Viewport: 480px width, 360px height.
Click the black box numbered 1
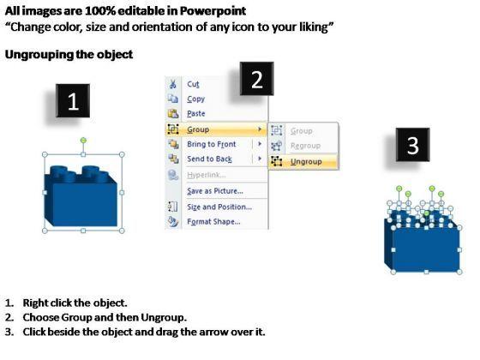73,101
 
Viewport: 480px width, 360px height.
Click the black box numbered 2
257,79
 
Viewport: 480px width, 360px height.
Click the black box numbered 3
412,145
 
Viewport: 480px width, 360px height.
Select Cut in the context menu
193,84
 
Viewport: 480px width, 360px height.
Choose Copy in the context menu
196,99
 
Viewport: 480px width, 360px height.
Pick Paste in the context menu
196,113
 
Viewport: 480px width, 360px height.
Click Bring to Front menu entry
212,144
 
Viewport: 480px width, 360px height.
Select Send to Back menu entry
209,159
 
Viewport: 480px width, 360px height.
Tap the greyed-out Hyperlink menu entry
207,175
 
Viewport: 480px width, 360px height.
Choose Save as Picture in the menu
215,190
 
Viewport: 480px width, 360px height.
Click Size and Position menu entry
219,207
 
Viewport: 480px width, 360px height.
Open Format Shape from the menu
213,221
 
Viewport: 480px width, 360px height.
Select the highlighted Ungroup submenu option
306,161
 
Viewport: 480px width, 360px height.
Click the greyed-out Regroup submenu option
305,146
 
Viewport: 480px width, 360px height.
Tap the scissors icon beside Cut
173,84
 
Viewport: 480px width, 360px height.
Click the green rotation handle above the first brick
83,141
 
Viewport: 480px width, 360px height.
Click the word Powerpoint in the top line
213,11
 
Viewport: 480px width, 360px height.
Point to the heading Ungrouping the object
69,55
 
